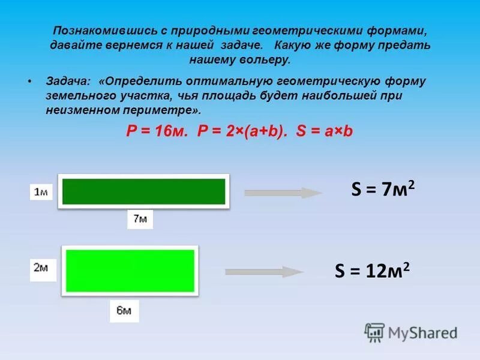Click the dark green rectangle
tap(143, 191)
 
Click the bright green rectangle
tap(130, 270)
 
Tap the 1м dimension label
tap(41, 192)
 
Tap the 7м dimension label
tap(140, 219)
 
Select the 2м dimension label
tap(41, 268)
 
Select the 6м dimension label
tap(124, 311)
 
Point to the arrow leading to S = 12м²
tap(264, 271)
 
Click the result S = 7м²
tap(383, 191)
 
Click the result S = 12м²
tap(373, 271)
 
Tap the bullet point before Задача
tap(29, 80)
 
